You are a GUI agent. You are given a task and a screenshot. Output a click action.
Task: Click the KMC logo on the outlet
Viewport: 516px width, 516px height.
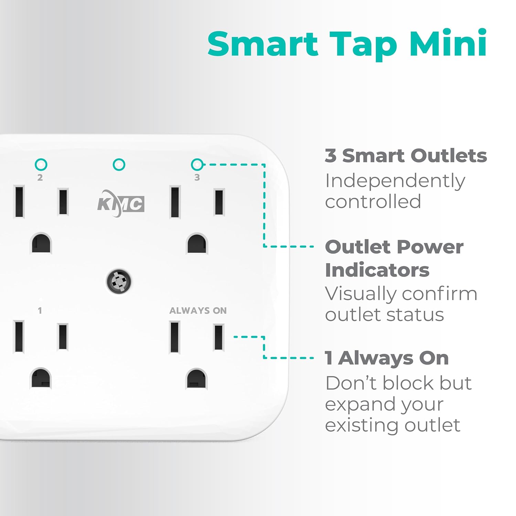[120, 203]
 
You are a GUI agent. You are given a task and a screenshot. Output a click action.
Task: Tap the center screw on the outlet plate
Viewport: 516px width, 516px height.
[119, 281]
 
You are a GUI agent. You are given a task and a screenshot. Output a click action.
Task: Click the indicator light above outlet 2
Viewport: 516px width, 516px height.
[41, 165]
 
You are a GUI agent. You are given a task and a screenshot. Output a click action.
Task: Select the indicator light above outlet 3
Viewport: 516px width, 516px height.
[197, 165]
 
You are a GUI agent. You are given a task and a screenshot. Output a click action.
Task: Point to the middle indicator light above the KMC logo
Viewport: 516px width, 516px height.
[119, 165]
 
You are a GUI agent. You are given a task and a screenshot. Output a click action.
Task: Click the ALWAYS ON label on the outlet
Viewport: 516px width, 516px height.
[198, 311]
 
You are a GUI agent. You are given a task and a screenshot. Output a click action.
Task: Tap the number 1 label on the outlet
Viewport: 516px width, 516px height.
[40, 311]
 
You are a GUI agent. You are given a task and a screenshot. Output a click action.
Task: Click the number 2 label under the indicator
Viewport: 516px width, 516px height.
[40, 178]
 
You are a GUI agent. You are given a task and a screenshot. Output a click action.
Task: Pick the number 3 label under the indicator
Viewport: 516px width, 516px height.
[197, 178]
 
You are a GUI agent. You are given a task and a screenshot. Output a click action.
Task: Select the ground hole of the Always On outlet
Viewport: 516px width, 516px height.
[197, 378]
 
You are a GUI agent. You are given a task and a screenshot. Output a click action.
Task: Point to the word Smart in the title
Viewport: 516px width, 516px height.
[263, 44]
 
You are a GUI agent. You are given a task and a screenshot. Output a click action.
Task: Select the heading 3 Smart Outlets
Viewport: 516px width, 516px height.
[406, 155]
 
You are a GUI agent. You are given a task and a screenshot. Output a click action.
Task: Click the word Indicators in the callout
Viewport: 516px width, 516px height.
[377, 270]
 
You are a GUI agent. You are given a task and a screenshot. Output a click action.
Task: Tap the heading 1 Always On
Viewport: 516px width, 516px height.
[387, 358]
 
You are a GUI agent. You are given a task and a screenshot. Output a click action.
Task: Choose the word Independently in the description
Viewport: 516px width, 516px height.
[395, 181]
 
